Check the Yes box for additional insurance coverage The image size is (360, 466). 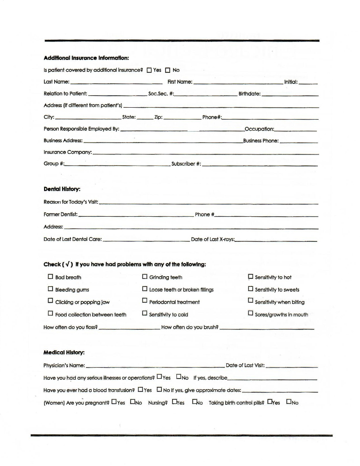click(149, 70)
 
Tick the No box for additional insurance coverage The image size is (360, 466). click(168, 70)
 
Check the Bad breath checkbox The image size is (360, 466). click(50, 277)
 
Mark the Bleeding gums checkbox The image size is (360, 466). click(50, 289)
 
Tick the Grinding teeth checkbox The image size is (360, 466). click(145, 277)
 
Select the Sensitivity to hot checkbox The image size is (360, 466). click(251, 277)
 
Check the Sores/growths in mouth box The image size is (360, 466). click(251, 314)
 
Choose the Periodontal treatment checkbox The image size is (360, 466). click(145, 301)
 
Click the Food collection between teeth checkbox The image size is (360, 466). click(50, 314)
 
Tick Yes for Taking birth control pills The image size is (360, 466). click(270, 402)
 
